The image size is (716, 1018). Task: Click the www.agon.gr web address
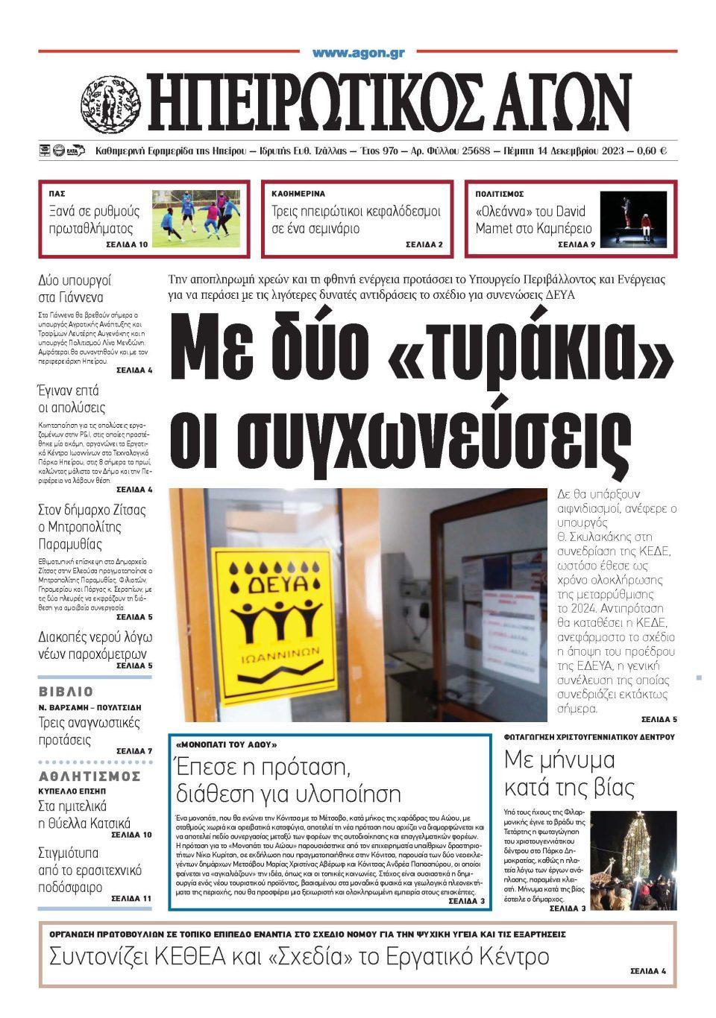(358, 53)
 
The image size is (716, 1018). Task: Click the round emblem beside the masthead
(110, 103)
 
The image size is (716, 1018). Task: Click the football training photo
(196, 218)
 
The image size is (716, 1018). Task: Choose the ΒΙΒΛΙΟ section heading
(66, 692)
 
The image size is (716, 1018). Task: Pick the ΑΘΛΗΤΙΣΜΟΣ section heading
(89, 776)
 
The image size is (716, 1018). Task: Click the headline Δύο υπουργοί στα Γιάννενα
(75, 290)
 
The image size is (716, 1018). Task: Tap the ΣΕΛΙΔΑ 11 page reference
(131, 899)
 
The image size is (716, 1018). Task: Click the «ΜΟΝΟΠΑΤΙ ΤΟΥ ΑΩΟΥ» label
(227, 744)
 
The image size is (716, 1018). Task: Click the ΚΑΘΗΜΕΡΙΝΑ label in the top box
(298, 194)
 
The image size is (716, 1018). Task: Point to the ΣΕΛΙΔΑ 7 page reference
(134, 750)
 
